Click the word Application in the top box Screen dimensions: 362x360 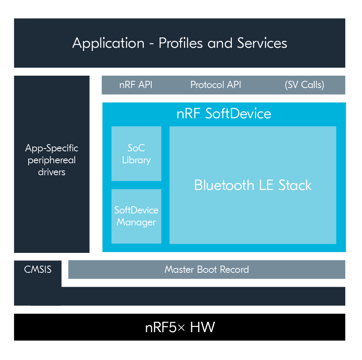click(x=108, y=43)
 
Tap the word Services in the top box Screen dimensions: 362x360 click(x=262, y=43)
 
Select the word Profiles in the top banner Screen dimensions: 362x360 click(x=180, y=43)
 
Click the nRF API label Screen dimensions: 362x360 click(x=136, y=85)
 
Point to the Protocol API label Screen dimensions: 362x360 click(x=215, y=85)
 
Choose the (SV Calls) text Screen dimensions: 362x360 click(x=304, y=85)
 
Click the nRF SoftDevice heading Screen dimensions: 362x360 click(x=224, y=113)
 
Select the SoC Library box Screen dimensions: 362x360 click(x=136, y=154)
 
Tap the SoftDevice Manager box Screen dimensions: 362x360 click(x=136, y=216)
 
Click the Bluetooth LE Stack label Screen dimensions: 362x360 click(x=253, y=185)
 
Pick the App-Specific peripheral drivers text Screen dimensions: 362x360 click(x=52, y=160)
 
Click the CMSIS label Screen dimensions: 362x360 click(x=37, y=270)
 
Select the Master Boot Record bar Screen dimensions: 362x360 click(x=207, y=270)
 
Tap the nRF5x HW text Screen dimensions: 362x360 click(x=180, y=327)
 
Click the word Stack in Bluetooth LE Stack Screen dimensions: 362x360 click(x=295, y=185)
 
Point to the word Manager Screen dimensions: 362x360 click(x=136, y=222)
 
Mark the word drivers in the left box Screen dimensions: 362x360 click(x=52, y=172)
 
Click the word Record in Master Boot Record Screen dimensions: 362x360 click(x=234, y=270)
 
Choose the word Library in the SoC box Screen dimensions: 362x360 click(x=136, y=160)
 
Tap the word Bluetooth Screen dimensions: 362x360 click(x=224, y=185)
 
